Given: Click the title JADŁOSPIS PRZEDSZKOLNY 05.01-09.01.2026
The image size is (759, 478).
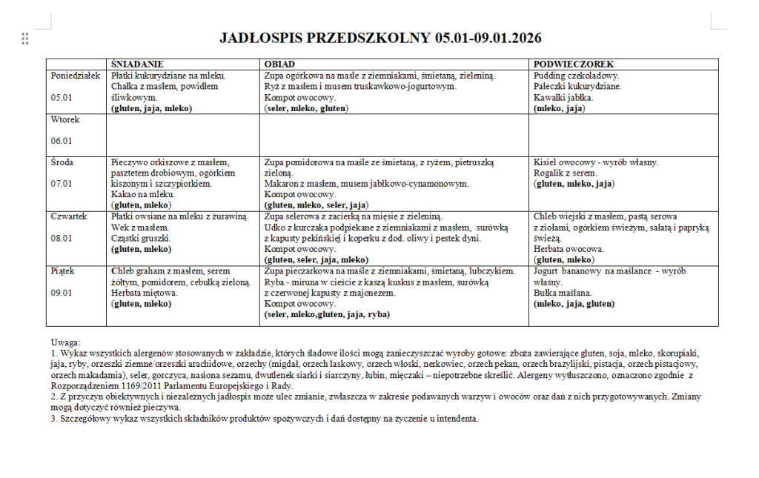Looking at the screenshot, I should click(x=380, y=38).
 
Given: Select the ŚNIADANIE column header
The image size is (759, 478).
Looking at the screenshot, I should click(x=137, y=64).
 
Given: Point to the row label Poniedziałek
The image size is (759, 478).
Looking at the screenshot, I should click(x=75, y=76).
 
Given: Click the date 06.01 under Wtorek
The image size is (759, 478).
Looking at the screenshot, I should click(x=62, y=141).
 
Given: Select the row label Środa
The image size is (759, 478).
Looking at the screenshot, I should click(x=63, y=162).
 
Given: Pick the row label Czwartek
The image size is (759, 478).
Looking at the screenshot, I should click(x=69, y=216).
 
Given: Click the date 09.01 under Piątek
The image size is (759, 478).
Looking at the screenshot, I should click(x=62, y=293).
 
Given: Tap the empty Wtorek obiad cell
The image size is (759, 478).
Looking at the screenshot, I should click(x=394, y=134).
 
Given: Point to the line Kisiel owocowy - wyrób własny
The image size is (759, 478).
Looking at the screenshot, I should click(x=595, y=162).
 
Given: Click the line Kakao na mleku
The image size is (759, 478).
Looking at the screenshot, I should click(x=142, y=194).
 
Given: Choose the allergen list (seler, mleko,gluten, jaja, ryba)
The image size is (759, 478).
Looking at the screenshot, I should click(x=327, y=314).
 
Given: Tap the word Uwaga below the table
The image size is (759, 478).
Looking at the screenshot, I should click(x=65, y=343).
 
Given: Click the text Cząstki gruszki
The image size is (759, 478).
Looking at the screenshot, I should click(x=142, y=238).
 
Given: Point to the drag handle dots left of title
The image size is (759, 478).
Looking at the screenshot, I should click(x=25, y=39).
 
